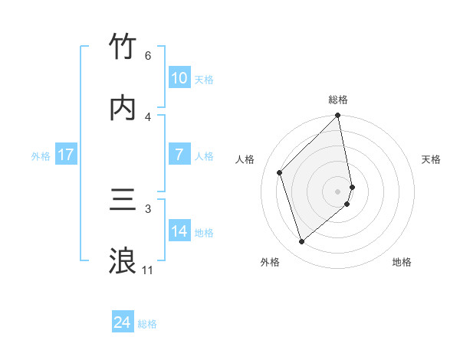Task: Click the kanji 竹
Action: tap(123, 47)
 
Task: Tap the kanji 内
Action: tap(123, 107)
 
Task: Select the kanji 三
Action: tap(123, 200)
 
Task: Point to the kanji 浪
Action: tap(123, 260)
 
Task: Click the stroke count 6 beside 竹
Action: tap(147, 56)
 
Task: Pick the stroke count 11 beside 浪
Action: tap(147, 270)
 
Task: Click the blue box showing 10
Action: tap(179, 78)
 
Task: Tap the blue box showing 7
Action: tap(179, 155)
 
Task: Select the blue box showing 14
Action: tap(179, 231)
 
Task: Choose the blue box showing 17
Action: tap(65, 155)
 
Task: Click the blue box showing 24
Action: tap(122, 323)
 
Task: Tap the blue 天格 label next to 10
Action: tap(204, 80)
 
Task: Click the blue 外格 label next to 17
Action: tap(41, 156)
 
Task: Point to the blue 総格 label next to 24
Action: tap(148, 325)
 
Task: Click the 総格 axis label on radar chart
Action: tap(338, 100)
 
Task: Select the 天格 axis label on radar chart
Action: tap(432, 159)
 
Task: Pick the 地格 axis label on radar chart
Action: tap(402, 262)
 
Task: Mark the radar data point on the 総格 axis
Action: tap(338, 116)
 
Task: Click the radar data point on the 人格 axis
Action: tap(280, 172)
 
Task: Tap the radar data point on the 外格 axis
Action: tap(302, 242)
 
